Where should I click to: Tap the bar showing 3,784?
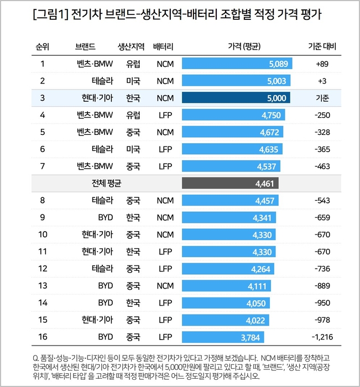223,336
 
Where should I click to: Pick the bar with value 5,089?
237,64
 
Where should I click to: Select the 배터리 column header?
165,46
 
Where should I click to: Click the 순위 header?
43,46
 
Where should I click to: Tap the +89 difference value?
322,64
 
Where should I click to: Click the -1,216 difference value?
321,336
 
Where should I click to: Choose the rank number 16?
43,336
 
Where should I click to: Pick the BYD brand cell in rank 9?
105,218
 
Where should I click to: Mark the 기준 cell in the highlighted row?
322,98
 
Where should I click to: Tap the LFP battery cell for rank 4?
165,115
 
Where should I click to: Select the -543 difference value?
322,201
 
